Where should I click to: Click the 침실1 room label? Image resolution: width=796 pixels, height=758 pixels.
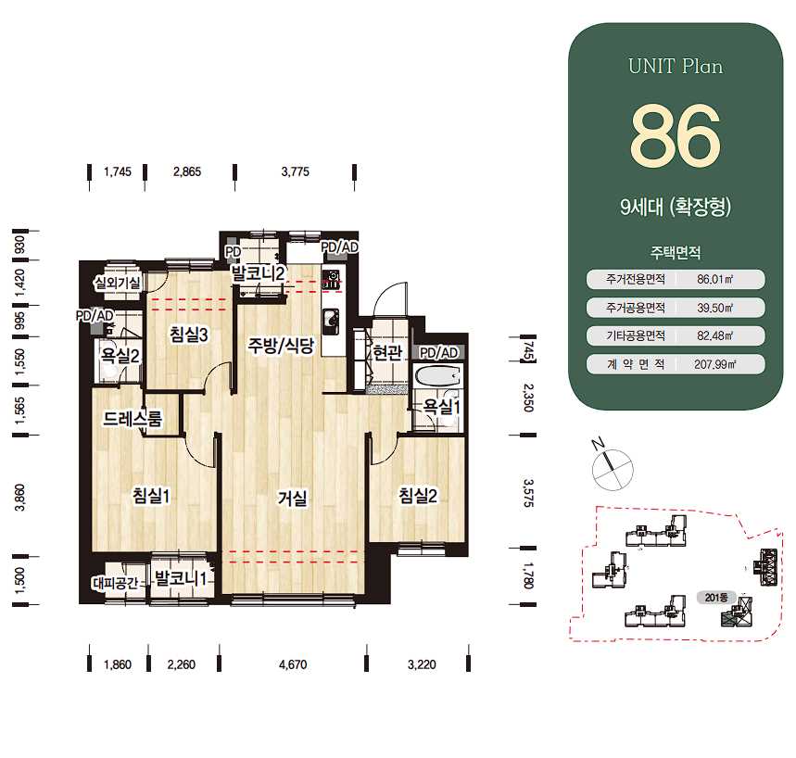[x=151, y=496]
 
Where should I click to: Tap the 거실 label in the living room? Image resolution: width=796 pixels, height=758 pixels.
[x=293, y=498]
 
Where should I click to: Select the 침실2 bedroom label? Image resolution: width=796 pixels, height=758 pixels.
[x=418, y=495]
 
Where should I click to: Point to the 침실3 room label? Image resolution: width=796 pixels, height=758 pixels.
[x=189, y=335]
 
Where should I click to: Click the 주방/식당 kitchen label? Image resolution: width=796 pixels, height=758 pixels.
[x=281, y=346]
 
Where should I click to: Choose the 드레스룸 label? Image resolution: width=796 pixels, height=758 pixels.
[x=133, y=419]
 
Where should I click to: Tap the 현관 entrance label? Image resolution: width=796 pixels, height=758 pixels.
[x=387, y=352]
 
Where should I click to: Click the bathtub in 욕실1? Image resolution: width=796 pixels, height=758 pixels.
[x=437, y=377]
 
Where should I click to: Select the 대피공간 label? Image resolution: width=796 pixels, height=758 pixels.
[x=115, y=583]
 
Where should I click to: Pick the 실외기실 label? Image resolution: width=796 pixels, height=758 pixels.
[x=118, y=283]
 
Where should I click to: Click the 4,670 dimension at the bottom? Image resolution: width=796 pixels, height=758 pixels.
[x=293, y=664]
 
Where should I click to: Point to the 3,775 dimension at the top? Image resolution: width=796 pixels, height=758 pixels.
[x=295, y=171]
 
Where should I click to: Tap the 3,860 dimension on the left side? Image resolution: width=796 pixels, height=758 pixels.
[x=19, y=498]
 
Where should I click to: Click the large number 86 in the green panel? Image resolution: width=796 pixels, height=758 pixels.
[x=676, y=135]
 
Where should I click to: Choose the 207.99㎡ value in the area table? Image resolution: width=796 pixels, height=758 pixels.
[x=714, y=364]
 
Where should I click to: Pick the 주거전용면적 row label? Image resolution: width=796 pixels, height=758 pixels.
[x=635, y=279]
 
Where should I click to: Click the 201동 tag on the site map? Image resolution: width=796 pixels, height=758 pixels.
[x=715, y=598]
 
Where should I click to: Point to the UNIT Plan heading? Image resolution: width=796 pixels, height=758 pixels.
[x=676, y=67]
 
